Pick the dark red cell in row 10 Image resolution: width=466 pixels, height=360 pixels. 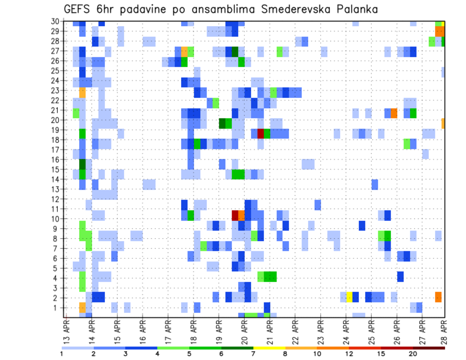[x=235, y=214]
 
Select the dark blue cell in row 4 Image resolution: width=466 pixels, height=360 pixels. [x=400, y=276]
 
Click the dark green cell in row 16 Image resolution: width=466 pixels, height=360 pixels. [x=83, y=164]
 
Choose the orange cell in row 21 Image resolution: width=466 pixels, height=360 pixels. [x=394, y=113]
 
